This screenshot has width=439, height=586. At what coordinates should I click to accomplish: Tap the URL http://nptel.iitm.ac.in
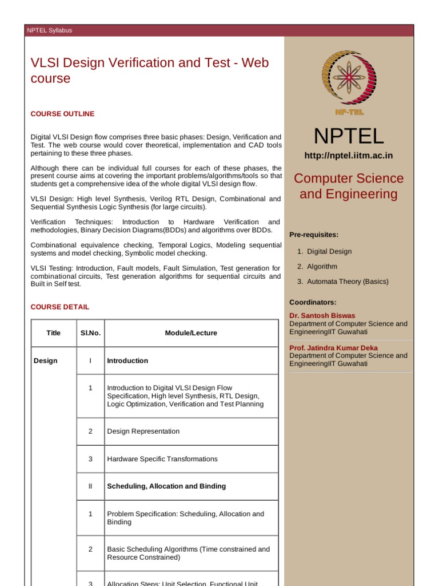pos(348,156)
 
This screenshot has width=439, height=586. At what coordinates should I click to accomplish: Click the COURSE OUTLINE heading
pos(62,114)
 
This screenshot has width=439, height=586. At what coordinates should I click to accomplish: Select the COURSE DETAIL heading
pos(60,307)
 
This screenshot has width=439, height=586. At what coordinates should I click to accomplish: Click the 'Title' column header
pos(54,333)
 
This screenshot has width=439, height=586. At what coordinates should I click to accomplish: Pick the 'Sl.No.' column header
pos(90,333)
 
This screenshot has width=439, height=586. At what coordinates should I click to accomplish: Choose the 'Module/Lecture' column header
pos(191,333)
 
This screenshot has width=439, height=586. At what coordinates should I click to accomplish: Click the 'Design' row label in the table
pos(46,361)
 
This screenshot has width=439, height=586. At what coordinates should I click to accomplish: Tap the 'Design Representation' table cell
pos(143,431)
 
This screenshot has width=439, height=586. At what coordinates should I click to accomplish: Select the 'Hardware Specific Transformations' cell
pos(162,459)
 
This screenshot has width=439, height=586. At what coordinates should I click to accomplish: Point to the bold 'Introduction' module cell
pos(127,361)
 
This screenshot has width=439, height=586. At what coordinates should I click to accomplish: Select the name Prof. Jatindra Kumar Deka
pos(333,348)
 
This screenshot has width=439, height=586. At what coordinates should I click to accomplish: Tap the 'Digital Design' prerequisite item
pos(329,251)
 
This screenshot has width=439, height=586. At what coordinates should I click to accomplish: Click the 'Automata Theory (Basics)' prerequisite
pos(348,282)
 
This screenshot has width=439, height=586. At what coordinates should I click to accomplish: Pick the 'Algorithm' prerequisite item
pos(322,267)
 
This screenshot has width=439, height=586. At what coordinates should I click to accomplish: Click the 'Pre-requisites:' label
pos(314,235)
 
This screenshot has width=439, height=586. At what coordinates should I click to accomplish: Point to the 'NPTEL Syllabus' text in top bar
pos(50,30)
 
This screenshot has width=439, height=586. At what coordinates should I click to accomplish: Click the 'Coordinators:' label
pos(313,302)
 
